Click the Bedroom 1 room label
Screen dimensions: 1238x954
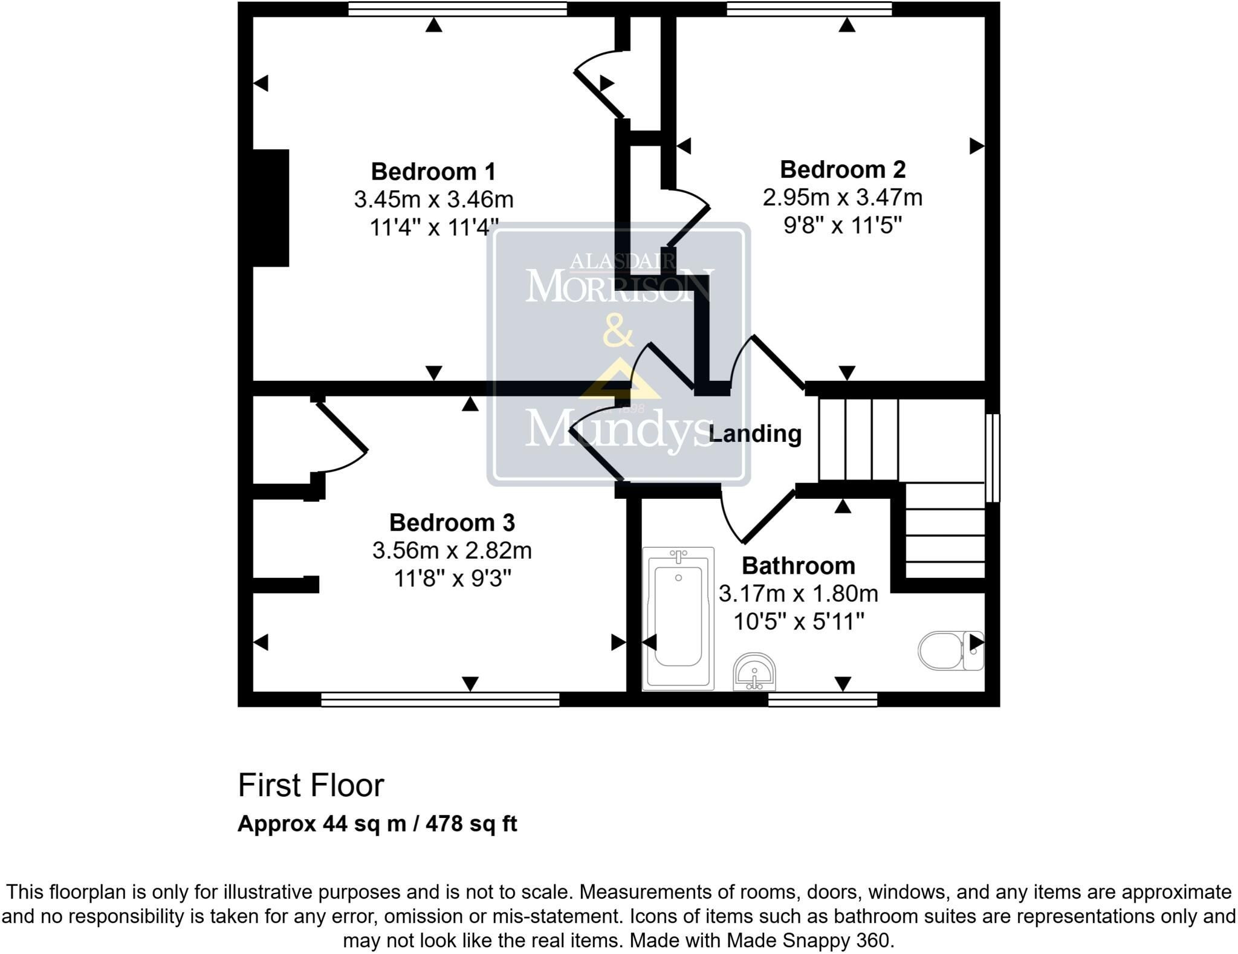coord(433,172)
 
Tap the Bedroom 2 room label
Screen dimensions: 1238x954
coord(843,169)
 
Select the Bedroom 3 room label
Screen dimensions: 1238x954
coord(452,522)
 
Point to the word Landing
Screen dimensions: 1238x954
coord(755,434)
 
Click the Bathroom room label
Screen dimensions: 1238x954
coord(799,566)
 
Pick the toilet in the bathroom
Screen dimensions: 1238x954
coord(951,651)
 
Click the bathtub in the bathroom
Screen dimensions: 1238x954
coord(678,618)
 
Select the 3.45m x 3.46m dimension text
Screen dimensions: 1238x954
coord(433,199)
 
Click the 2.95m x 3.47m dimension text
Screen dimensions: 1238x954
coord(843,197)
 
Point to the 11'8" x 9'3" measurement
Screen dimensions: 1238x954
coord(452,579)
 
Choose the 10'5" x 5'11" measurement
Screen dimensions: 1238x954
coord(799,621)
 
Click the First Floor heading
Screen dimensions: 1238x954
coord(311,785)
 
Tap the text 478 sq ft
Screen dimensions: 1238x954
coord(472,823)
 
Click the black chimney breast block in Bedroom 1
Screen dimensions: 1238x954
coord(270,207)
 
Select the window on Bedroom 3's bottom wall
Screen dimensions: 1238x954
coord(440,699)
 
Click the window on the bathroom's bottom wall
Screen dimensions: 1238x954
coord(823,699)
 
